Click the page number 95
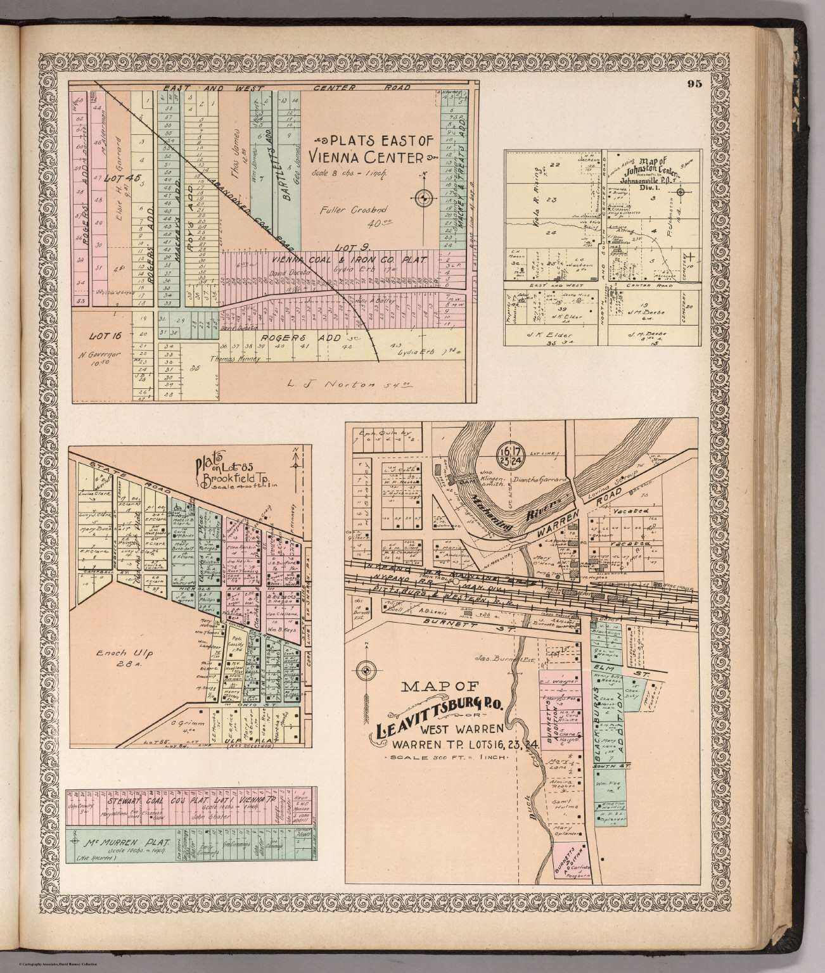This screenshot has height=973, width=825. pyautogui.click(x=694, y=86)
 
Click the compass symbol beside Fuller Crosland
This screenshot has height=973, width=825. pyautogui.click(x=424, y=198)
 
